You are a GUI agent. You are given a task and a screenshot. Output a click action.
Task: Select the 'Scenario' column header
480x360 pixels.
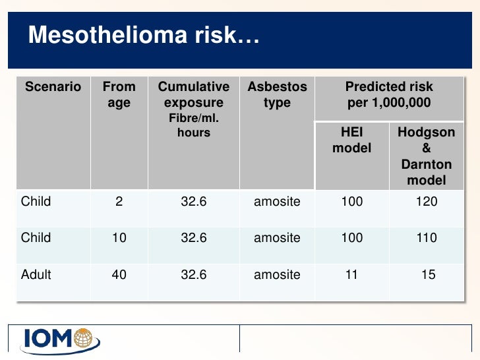(53, 87)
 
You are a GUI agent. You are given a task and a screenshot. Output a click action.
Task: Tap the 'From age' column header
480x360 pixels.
(119, 95)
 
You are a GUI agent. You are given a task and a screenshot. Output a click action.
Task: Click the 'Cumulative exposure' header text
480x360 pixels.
(194, 95)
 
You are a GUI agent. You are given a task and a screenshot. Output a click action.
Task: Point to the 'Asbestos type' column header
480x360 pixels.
(277, 95)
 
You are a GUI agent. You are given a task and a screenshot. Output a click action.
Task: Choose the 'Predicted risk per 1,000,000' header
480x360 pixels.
(389, 95)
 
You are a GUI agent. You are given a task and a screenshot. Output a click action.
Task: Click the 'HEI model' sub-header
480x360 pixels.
(351, 140)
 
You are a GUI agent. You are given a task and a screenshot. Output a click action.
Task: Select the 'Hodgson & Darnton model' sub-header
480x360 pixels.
(426, 156)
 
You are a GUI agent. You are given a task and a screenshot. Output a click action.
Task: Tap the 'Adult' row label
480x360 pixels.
(36, 274)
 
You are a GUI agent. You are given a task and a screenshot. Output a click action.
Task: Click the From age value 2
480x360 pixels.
(119, 202)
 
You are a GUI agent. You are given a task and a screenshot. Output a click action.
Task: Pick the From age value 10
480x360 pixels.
(119, 238)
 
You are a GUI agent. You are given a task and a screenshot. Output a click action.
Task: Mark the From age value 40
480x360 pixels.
(119, 274)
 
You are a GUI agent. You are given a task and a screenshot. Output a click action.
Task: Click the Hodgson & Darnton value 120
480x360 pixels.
(426, 202)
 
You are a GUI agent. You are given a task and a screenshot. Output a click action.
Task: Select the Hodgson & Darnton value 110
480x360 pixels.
(426, 238)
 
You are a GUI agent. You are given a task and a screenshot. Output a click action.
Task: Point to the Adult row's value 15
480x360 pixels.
(429, 274)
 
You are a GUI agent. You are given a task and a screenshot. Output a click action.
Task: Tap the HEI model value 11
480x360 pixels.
(351, 274)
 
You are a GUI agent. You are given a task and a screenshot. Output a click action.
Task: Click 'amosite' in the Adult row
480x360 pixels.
(277, 274)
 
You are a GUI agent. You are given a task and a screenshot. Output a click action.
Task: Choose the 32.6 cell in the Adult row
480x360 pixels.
(194, 274)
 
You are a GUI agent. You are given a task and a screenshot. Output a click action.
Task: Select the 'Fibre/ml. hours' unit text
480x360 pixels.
(194, 125)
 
